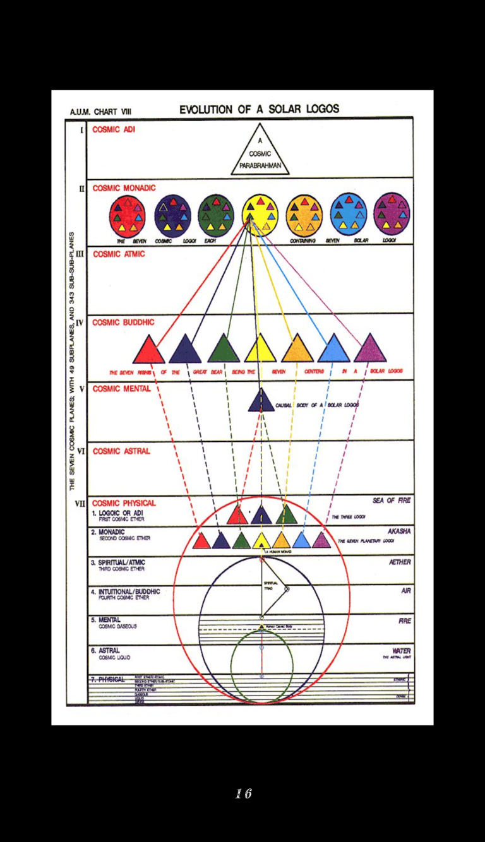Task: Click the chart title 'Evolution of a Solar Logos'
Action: (x=259, y=109)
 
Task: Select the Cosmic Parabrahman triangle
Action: (x=260, y=152)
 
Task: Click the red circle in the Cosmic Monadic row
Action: (x=127, y=215)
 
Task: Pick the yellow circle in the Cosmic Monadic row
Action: (x=260, y=215)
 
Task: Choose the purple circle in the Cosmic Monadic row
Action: (x=392, y=215)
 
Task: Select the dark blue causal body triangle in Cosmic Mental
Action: (x=261, y=401)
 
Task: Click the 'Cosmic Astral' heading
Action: (x=121, y=451)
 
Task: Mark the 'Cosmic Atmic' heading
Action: (x=119, y=254)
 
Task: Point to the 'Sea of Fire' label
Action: (x=392, y=501)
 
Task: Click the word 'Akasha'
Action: (x=399, y=531)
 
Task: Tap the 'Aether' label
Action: (x=400, y=562)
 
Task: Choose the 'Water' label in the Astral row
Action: (x=402, y=651)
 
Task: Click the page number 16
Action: (x=243, y=793)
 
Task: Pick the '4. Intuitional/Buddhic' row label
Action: (x=124, y=592)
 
